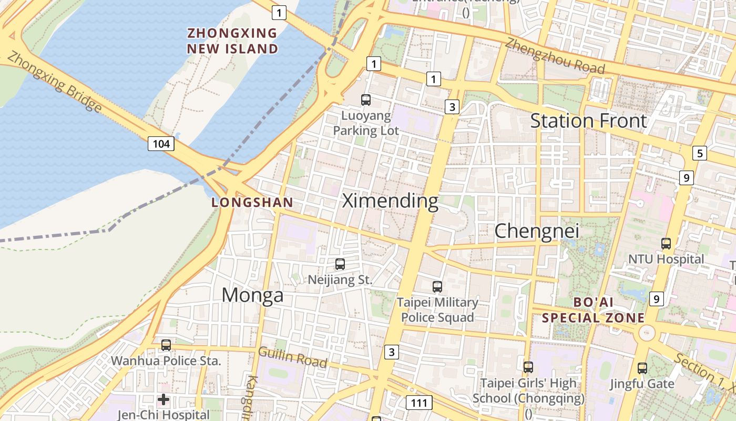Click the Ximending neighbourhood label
[x=390, y=201]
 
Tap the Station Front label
[x=588, y=121]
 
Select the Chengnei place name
[x=537, y=230]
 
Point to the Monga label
[x=252, y=295]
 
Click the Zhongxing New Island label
[x=232, y=41]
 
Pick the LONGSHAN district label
[x=252, y=202]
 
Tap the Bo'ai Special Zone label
[x=593, y=310]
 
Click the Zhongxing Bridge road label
[x=55, y=82]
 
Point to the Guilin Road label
[x=292, y=357]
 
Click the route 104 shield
[x=161, y=143]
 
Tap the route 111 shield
[x=419, y=403]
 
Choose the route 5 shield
[x=700, y=153]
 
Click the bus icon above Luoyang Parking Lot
[x=366, y=99]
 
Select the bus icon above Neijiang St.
[x=340, y=264]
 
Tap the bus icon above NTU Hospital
[x=666, y=244]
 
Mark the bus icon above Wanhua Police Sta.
[x=166, y=345]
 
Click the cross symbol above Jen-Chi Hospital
[x=163, y=400]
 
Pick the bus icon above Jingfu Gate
[x=642, y=368]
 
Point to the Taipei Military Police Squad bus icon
[x=437, y=287]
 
